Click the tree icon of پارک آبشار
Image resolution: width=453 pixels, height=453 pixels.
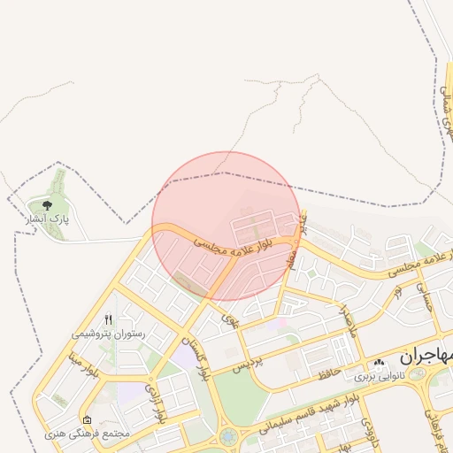35,204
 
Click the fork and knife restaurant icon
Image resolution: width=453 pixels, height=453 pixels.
108,320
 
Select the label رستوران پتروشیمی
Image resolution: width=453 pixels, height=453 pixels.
108,334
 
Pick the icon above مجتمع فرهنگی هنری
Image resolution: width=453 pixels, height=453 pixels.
86,419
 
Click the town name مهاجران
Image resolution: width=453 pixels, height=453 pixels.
425,356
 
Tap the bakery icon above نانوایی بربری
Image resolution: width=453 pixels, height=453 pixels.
380,363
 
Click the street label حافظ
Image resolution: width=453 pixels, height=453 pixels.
329,373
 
